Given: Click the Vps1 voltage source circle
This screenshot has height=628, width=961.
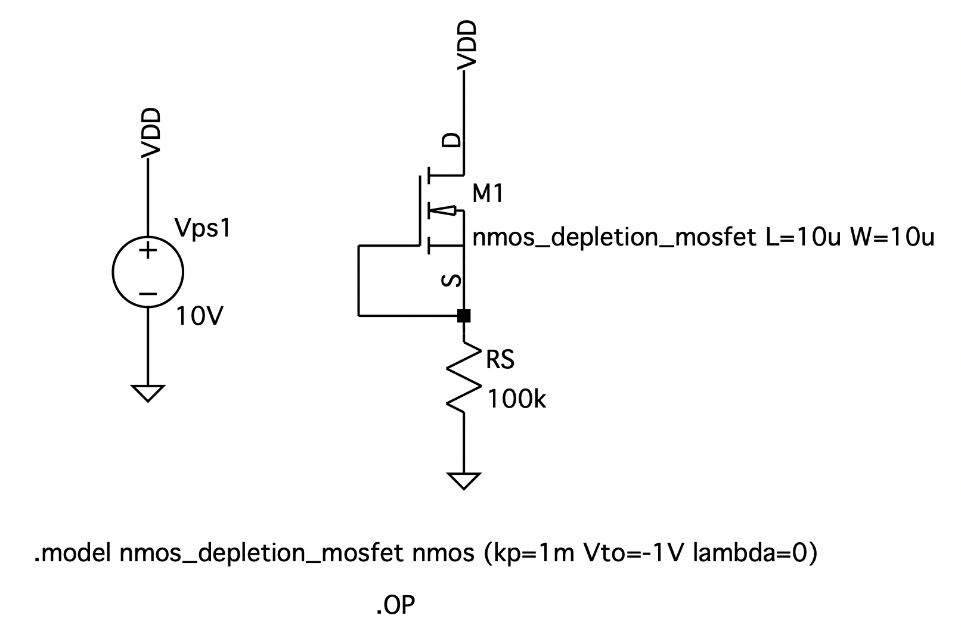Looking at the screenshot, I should point(148,272).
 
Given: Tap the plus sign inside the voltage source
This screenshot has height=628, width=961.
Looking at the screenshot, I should point(147,250).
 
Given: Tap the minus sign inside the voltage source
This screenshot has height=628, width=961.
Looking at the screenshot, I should point(147,294).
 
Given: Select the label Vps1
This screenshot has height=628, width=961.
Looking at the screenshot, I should point(202,228).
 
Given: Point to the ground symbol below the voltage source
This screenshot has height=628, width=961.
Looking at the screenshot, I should point(147,393).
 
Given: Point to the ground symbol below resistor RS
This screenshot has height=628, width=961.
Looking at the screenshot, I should point(464,480).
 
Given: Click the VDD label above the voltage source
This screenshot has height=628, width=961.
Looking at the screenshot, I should point(152,132).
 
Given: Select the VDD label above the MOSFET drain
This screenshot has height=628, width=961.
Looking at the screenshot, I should point(468,44).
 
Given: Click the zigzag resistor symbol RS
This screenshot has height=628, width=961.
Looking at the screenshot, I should point(464,380).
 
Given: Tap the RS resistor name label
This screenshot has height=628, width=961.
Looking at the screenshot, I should point(500,360).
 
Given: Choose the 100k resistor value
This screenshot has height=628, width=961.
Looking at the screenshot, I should point(516,400).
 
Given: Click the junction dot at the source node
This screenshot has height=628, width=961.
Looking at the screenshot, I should point(464,316).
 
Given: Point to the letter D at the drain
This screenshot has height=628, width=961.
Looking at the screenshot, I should point(453,141).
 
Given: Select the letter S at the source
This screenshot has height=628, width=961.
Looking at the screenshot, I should point(453,280).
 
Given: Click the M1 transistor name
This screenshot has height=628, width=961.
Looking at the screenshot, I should point(487,194).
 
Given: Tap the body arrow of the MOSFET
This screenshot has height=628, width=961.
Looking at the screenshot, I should point(444,210).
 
